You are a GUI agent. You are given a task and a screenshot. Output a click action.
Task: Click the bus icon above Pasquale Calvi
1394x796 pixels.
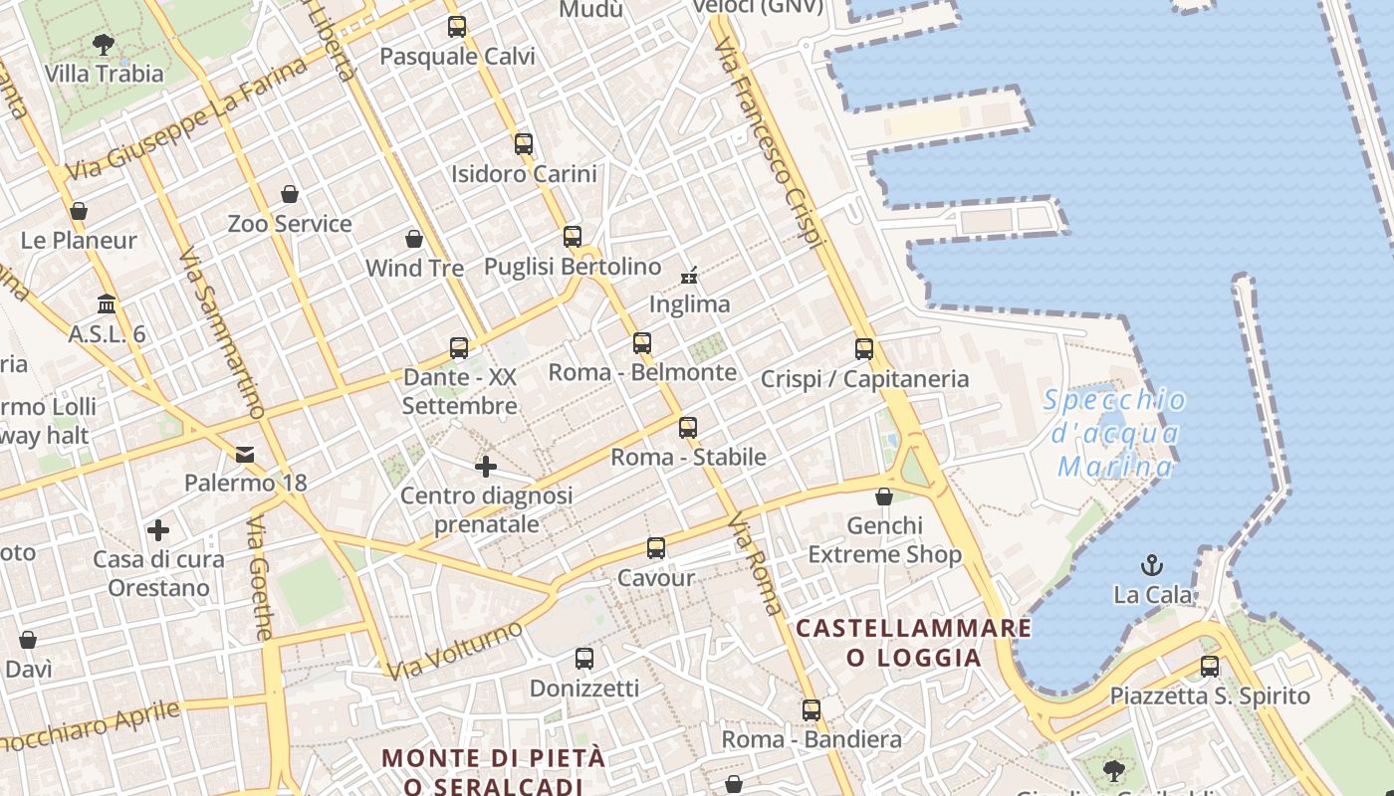[x=457, y=27]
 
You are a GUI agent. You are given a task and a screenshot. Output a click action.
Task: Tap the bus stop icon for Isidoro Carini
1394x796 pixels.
[x=524, y=144]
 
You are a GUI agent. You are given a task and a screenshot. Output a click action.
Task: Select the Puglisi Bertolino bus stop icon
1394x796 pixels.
[x=573, y=237]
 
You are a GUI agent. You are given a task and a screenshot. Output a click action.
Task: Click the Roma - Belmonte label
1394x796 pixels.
[x=643, y=373]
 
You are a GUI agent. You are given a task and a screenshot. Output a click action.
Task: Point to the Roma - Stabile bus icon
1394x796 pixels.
[x=688, y=428]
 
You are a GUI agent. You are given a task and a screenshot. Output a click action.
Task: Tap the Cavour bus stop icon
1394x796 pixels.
[x=656, y=548]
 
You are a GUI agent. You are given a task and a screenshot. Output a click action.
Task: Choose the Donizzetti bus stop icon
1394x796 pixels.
[x=584, y=659]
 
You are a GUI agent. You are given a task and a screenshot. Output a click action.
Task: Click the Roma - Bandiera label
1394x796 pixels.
[x=812, y=739]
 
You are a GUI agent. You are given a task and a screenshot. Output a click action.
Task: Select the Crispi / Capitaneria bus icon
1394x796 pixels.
[x=864, y=349]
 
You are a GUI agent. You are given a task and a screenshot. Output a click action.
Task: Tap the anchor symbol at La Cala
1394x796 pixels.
[x=1152, y=565]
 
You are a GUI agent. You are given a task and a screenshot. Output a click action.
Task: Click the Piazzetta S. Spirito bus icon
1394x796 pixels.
[x=1210, y=667]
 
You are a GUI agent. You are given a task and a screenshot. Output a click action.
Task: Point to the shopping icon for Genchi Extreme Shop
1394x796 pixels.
[x=884, y=496]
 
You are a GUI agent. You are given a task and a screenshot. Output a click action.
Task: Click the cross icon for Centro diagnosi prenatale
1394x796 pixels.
[x=486, y=466]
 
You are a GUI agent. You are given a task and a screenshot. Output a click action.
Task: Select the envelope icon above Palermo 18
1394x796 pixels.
[x=245, y=455]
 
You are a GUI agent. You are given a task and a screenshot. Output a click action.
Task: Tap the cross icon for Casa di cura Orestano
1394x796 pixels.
[x=158, y=529]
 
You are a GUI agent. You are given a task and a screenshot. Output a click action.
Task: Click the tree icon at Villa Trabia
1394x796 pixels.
[x=103, y=44]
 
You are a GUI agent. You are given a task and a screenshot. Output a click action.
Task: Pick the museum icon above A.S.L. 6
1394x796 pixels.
[x=107, y=303]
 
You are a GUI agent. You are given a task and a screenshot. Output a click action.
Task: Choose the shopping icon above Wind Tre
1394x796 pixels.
[x=414, y=239]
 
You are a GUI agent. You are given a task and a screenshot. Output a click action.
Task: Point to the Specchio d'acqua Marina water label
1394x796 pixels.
[x=1115, y=433]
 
